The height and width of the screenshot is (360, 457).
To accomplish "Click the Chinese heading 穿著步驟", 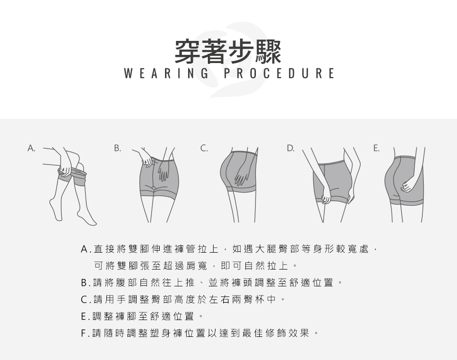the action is [x=228, y=51].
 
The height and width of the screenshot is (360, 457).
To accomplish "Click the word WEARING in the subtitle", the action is [x=166, y=73].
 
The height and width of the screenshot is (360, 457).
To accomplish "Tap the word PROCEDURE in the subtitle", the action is [x=279, y=73].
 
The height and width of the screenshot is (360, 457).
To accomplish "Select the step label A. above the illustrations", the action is [x=31, y=148].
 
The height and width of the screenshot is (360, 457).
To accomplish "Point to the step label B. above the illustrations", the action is [x=117, y=148].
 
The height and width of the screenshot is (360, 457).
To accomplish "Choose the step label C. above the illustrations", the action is [x=204, y=148].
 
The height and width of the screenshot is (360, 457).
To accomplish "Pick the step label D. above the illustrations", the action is [x=290, y=148].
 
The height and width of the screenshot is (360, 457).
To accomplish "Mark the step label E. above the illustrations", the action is [x=376, y=148].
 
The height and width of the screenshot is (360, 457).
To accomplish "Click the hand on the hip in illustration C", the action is [x=241, y=176].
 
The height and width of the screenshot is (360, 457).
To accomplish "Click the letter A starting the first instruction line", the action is [x=84, y=249].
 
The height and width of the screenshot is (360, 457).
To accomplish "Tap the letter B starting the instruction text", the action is [x=84, y=283].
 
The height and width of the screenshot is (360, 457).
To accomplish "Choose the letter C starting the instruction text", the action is [x=84, y=299].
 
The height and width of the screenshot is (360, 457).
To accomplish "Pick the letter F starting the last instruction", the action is [x=83, y=333].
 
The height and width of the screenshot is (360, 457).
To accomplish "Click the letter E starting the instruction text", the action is [x=84, y=316].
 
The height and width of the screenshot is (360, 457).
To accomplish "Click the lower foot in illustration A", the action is [x=87, y=219].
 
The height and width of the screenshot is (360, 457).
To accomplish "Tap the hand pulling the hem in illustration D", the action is [x=326, y=198].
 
